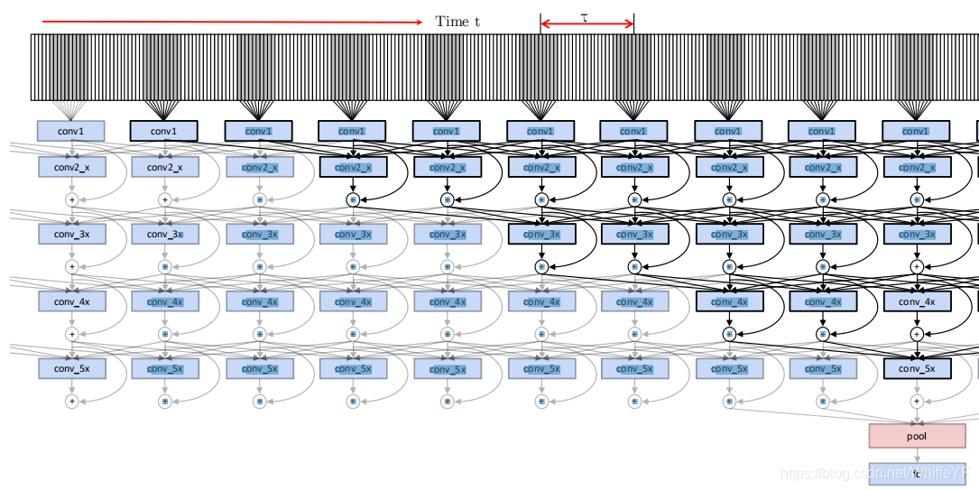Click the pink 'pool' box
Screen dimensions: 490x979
(917, 436)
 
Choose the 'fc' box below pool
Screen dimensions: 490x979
(917, 473)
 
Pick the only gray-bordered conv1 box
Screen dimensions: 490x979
(70, 131)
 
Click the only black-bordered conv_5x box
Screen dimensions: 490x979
(917, 368)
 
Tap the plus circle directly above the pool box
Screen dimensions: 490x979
(917, 401)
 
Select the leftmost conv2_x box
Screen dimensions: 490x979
(70, 167)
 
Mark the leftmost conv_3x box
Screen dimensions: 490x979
(71, 234)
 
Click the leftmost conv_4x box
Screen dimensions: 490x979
(71, 301)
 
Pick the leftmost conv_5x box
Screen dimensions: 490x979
(71, 368)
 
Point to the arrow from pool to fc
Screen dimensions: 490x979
(917, 455)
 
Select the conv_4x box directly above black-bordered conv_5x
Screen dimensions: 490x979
(917, 301)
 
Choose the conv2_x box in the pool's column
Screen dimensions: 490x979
(917, 167)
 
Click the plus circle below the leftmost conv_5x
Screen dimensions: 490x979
(71, 401)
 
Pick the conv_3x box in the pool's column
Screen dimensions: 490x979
(917, 234)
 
